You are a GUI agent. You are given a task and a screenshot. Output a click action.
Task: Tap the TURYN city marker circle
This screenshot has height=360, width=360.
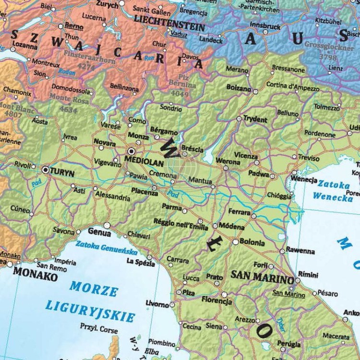point(46,169)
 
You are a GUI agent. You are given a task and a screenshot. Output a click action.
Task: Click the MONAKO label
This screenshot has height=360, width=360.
point(35,277)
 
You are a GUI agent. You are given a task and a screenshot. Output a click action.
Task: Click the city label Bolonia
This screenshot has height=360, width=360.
point(252,243)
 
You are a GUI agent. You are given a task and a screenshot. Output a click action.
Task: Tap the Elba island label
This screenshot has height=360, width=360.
point(153,351)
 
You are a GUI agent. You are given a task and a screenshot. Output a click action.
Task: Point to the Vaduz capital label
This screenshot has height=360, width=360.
point(179,35)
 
